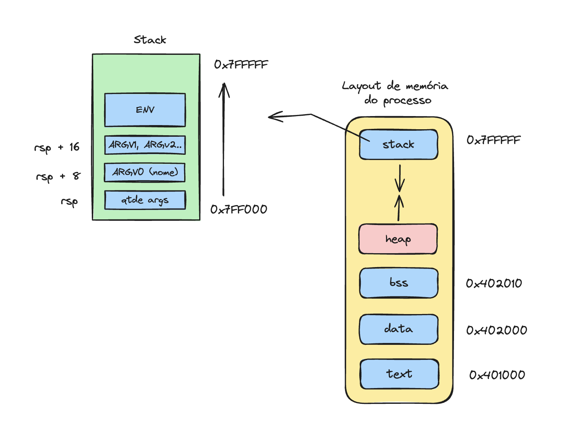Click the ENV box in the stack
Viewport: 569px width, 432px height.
[145, 110]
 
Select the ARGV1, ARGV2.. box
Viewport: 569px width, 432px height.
[145, 145]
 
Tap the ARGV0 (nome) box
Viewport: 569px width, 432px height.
[145, 172]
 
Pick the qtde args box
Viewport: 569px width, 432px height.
[145, 200]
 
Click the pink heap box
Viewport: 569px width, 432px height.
[398, 239]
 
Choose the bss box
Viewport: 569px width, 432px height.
[399, 283]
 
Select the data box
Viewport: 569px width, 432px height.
[399, 329]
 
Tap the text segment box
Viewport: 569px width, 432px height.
[400, 374]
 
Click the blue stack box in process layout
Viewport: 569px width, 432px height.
[399, 145]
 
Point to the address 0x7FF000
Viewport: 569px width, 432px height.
[239, 209]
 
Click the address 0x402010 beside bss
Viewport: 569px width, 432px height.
[494, 283]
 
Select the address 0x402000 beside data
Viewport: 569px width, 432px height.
[496, 330]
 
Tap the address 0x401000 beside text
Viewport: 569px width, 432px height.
[497, 375]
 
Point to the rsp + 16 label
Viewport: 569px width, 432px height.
[57, 147]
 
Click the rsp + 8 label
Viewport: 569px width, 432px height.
[58, 177]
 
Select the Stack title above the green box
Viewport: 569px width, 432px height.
[150, 40]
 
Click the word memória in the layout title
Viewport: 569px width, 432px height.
[427, 86]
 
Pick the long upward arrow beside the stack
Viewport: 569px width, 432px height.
[224, 139]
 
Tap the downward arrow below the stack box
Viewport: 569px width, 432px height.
[400, 178]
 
